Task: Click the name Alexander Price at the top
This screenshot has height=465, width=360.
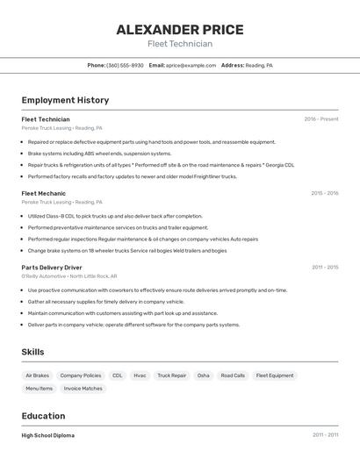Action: (x=180, y=29)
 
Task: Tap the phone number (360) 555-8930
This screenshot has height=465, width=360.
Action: (x=125, y=65)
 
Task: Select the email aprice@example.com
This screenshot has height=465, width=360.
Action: (x=191, y=65)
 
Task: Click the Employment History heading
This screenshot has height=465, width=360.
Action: (x=65, y=100)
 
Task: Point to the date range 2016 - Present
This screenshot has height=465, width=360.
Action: (x=321, y=119)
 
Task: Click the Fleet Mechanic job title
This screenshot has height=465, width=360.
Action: (x=43, y=193)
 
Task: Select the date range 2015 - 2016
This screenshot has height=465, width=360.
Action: (x=324, y=193)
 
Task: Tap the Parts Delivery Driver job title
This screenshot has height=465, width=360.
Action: (x=52, y=267)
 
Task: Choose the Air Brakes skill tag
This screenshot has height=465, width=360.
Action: (x=37, y=376)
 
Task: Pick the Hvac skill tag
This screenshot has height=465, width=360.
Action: (x=140, y=376)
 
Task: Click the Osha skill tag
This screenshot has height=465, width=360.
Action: (x=203, y=376)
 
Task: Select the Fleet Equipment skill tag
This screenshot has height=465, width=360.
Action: (x=275, y=376)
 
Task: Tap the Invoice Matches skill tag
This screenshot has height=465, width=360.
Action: (x=83, y=388)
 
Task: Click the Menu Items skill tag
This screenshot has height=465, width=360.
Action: (x=39, y=388)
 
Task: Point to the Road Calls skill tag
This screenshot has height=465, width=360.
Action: (x=233, y=376)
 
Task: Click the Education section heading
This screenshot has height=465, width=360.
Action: (x=43, y=416)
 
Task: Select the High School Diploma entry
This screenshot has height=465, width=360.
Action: (x=48, y=435)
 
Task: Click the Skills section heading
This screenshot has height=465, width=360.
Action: (x=32, y=352)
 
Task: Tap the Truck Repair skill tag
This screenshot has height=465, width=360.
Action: (x=172, y=376)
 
